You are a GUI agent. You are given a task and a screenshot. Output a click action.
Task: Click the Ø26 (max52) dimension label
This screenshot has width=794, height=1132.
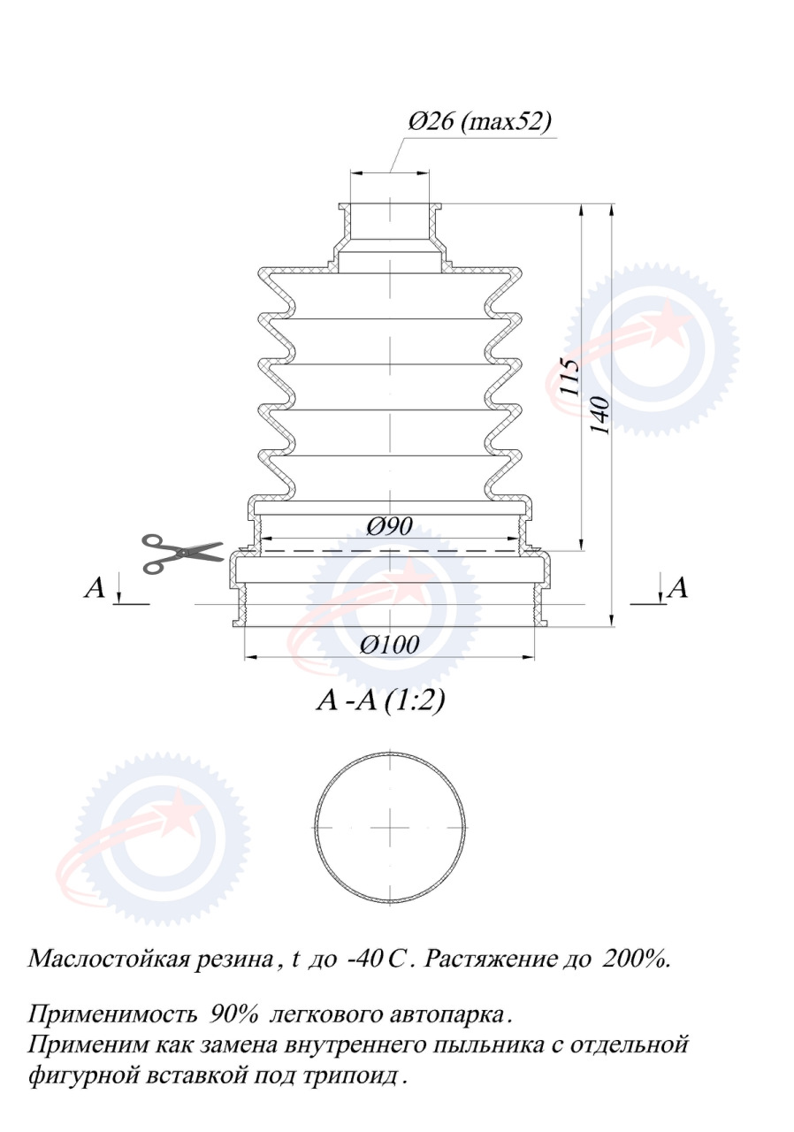479,122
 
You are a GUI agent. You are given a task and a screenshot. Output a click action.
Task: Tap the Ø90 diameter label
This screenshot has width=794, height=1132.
389,527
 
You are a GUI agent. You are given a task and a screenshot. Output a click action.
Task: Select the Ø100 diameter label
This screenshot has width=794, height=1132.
389,645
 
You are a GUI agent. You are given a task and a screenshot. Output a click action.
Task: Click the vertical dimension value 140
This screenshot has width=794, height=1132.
600,416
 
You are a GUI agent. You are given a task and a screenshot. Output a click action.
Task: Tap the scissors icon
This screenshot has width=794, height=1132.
182,554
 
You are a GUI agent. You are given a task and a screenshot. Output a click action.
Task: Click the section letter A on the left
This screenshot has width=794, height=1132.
95,588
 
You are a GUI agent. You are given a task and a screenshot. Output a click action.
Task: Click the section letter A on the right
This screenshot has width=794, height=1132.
676,588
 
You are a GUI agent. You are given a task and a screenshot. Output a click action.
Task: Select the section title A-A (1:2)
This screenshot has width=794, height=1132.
380,700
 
